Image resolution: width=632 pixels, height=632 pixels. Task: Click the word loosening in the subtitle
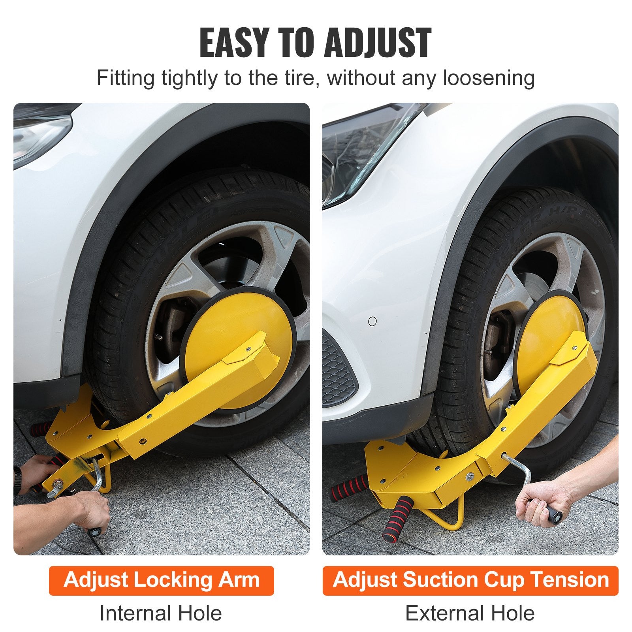coord(489,78)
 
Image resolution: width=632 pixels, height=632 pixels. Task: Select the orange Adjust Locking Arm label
coord(161,580)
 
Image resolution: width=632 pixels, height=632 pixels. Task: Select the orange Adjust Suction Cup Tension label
coord(470,580)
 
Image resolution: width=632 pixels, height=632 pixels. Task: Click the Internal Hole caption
coord(161,613)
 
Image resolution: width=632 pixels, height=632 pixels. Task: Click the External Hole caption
coord(470,613)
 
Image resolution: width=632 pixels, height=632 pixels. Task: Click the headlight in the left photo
coord(39,134)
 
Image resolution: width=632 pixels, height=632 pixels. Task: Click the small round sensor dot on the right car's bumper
coord(372,321)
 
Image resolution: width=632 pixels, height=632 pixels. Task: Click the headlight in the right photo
coord(355,158)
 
